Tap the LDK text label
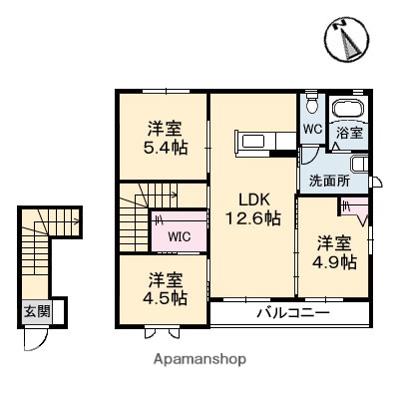click(251, 197)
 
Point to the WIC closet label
click(180, 236)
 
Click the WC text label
click(310, 129)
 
